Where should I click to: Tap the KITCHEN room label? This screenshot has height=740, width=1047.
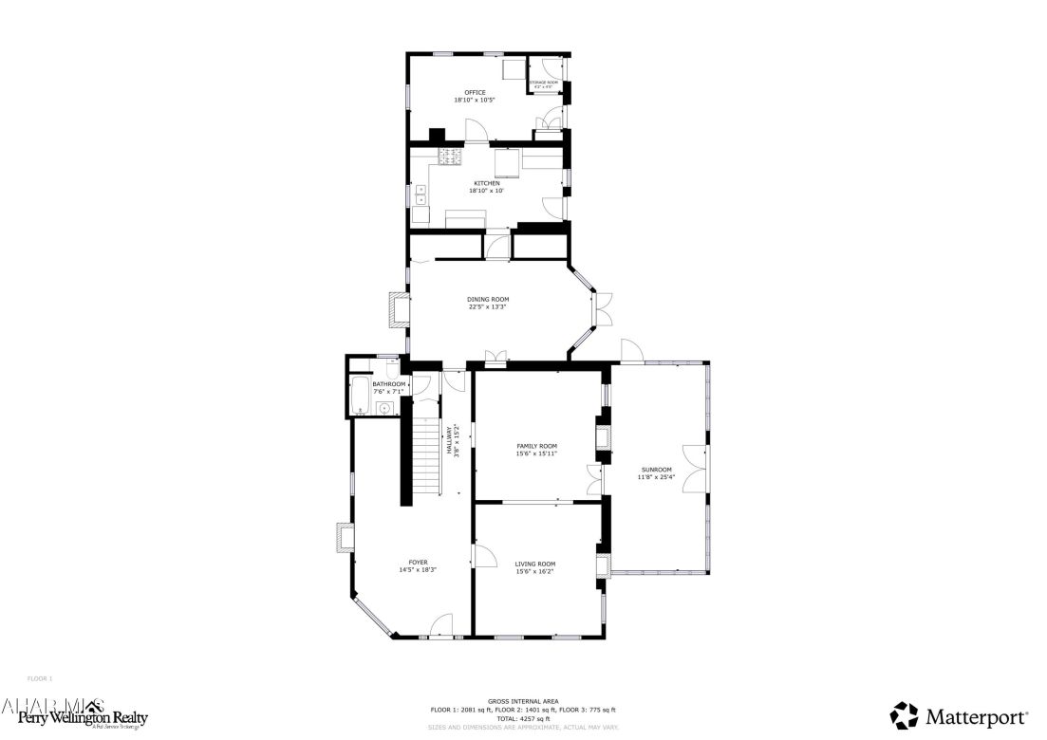[480, 183]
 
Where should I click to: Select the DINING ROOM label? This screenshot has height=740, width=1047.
[488, 300]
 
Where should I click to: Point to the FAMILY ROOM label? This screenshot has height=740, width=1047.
[536, 446]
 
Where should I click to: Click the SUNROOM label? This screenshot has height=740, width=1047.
[656, 470]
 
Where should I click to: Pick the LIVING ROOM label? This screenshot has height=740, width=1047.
[535, 564]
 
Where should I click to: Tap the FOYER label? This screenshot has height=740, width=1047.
[418, 563]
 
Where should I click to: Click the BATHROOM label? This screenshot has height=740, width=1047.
[388, 384]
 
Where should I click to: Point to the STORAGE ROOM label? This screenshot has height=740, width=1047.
[544, 83]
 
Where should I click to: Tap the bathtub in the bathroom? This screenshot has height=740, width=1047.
[362, 396]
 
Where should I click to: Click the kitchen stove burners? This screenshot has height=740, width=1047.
[449, 157]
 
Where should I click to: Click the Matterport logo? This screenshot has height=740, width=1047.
[959, 715]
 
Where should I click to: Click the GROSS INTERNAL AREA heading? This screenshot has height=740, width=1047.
[523, 700]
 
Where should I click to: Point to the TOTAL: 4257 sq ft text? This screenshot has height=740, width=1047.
[523, 718]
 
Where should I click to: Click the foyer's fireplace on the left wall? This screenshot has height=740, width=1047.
[343, 537]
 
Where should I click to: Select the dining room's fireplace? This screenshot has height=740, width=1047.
[399, 310]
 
